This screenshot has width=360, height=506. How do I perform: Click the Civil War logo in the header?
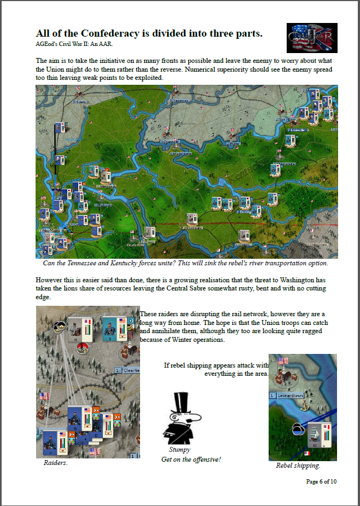[312, 38]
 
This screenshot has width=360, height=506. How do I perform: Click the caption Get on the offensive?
[191, 460]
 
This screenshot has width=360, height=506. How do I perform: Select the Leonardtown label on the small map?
[290, 394]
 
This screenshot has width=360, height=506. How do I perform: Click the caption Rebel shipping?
[298, 466]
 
